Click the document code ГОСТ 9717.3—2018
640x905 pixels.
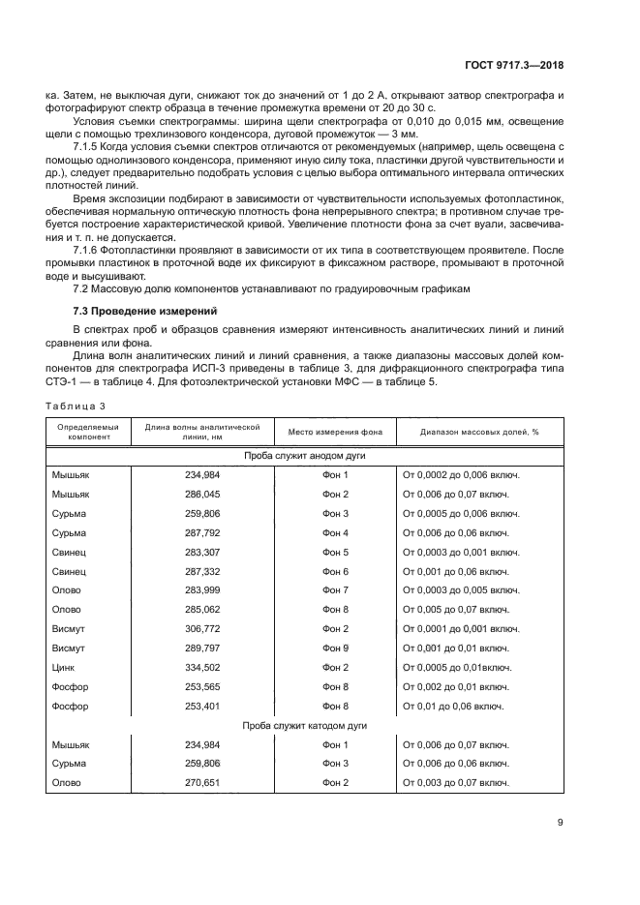(513, 66)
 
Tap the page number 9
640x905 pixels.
(560, 823)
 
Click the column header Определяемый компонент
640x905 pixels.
(88, 431)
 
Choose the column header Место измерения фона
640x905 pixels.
(334, 431)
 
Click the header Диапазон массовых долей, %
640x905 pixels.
(479, 431)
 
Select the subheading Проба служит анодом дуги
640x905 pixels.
(304, 455)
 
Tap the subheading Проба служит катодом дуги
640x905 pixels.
(304, 725)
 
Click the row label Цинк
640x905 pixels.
(63, 667)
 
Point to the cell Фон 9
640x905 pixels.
(334, 648)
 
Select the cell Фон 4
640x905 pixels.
(334, 532)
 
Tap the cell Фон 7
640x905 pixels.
(334, 589)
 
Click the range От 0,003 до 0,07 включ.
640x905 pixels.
(455, 782)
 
